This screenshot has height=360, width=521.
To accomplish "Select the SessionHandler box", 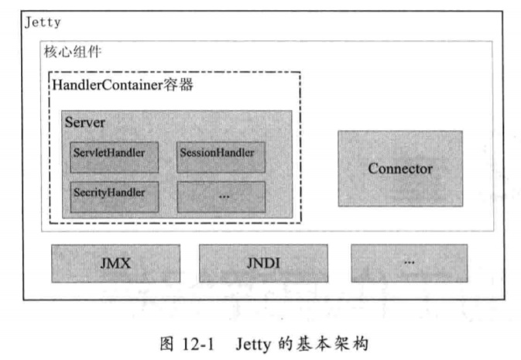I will click(221, 156).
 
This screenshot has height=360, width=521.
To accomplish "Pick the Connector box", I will click(399, 168).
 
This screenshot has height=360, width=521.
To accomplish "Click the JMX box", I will click(115, 263).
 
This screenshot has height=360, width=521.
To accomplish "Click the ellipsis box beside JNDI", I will click(409, 263).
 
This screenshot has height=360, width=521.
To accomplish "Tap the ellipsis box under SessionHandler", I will click(221, 197).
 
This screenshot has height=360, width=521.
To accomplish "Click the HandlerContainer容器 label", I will click(122, 84).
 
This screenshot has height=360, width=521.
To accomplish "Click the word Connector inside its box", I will click(399, 168).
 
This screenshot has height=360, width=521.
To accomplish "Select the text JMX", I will click(115, 263).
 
